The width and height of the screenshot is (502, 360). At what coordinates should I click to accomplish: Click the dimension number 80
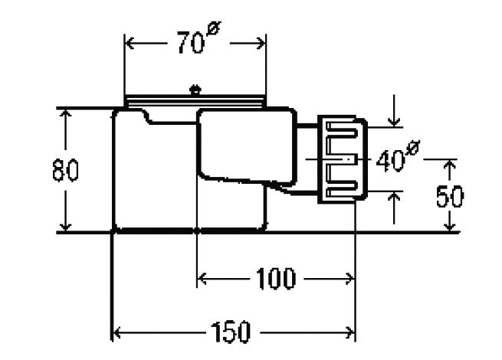pyautogui.click(x=65, y=170)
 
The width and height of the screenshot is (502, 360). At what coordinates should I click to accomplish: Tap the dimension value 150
pyautogui.click(x=230, y=332)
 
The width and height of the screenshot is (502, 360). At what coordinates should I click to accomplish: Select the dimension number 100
pyautogui.click(x=276, y=278)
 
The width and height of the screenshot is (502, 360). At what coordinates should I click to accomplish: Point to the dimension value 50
pyautogui.click(x=450, y=196)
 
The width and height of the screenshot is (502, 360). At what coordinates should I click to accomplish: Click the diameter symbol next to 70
pyautogui.click(x=214, y=28)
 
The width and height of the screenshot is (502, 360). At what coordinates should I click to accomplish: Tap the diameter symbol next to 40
pyautogui.click(x=412, y=148)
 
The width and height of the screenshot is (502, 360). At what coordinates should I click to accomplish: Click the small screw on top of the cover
pyautogui.click(x=195, y=90)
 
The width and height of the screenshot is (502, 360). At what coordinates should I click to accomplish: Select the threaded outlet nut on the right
pyautogui.click(x=342, y=159)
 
